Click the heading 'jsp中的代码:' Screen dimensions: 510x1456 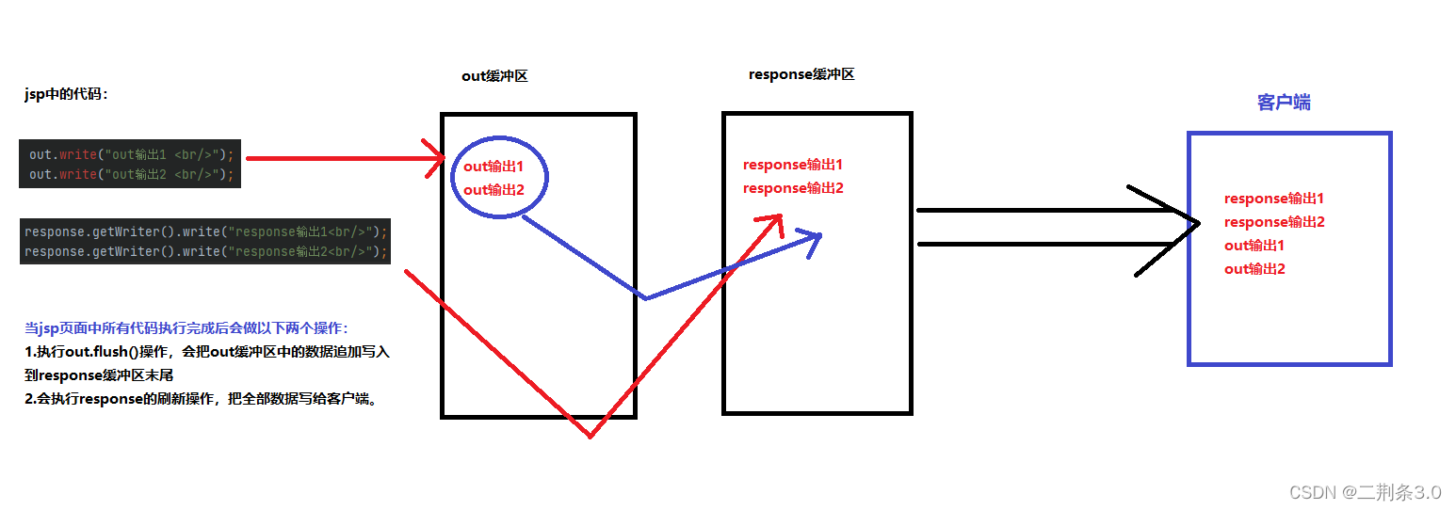click(66, 94)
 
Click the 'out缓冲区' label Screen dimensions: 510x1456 click(494, 76)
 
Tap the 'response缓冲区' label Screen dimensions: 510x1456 click(801, 74)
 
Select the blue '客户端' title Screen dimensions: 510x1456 click(1284, 103)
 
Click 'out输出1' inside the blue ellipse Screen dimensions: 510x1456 click(493, 167)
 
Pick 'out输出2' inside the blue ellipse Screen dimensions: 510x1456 click(493, 190)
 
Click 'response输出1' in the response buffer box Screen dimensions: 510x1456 click(792, 165)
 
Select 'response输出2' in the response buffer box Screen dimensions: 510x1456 click(792, 188)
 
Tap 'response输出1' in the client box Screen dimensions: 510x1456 click(1273, 199)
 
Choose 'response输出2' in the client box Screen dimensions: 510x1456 click(1273, 222)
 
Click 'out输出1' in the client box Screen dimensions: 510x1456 click(1254, 246)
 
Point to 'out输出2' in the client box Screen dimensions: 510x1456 click(1254, 269)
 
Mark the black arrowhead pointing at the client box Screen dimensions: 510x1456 click(1189, 224)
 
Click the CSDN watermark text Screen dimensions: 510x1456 click(1365, 492)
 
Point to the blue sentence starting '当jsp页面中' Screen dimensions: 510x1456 click(186, 328)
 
